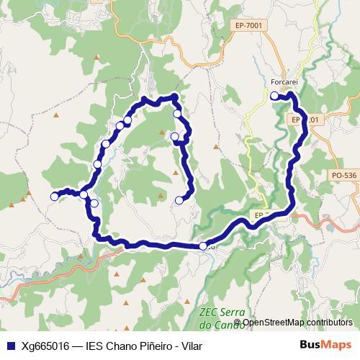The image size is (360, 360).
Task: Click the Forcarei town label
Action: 284,83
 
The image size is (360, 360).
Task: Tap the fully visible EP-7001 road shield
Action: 247,25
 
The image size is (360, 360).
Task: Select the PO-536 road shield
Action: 344,175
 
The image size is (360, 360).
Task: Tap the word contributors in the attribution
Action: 328,322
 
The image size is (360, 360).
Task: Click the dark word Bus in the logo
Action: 310,346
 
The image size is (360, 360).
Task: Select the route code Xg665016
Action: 45,346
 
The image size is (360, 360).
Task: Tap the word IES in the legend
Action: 96,346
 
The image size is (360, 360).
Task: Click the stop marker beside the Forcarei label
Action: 274,95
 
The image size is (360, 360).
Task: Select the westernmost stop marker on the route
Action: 54,196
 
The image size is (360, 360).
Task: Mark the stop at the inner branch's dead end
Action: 179,200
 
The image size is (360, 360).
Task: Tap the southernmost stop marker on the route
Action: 203,246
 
